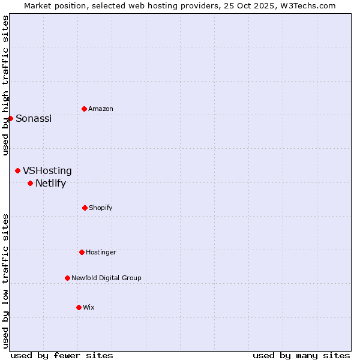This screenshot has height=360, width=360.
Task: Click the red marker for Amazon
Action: coord(84,109)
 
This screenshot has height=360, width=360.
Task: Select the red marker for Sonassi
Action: coord(10,118)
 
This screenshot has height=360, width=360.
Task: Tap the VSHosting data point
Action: coord(17,171)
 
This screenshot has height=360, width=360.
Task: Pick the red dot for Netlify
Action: coord(30,183)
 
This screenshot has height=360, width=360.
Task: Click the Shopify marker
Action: coord(85,208)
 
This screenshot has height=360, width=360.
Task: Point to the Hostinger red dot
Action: coord(82,252)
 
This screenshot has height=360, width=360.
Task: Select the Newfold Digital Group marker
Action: coord(67,278)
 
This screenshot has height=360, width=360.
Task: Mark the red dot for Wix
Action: coord(79,307)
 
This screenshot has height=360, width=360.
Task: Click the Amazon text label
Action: coord(101,109)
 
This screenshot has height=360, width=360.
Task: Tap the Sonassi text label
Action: coord(34,119)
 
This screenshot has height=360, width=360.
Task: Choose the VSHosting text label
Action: coord(47,171)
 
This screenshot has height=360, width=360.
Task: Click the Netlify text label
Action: coord(50,184)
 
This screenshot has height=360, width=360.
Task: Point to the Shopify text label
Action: coord(101,208)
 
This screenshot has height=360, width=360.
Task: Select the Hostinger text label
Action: coord(101,252)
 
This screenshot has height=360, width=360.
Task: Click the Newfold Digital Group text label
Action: coord(106,278)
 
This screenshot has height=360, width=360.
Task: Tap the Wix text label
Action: coord(89,307)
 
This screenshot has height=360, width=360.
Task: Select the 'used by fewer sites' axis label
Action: coord(62,355)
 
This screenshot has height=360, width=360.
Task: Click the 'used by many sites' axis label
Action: coord(301,355)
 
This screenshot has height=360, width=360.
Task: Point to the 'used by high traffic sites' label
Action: coord(5,85)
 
